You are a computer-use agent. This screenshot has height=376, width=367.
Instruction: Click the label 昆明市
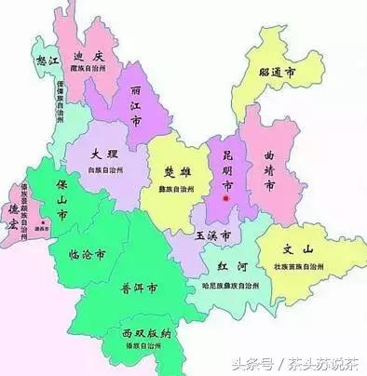coord(225,164)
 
